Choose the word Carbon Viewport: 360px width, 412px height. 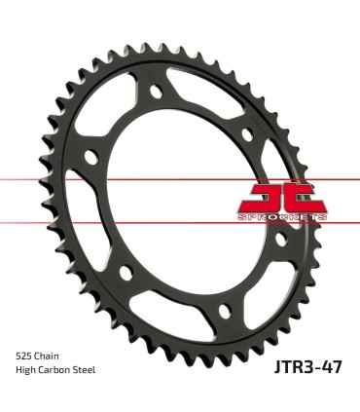[57, 371]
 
